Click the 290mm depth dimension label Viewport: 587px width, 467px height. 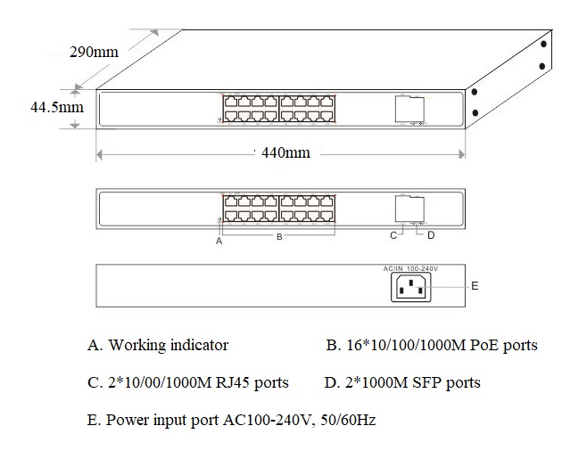(94, 52)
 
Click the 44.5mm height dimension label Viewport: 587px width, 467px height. (57, 107)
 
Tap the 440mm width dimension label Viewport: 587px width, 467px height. (285, 152)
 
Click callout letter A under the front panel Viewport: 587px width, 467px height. (219, 242)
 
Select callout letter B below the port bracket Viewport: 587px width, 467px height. (279, 237)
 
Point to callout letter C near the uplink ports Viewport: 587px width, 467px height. (393, 235)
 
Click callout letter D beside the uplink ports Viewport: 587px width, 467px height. (431, 235)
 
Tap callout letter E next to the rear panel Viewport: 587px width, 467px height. (475, 286)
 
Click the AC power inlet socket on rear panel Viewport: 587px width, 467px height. (411, 287)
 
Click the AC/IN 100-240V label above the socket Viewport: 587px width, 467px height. (410, 268)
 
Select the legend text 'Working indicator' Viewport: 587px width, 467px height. (168, 345)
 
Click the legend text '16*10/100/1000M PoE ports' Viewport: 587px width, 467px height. (442, 345)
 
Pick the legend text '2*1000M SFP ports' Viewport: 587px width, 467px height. (412, 382)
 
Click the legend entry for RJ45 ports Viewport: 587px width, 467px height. (188, 382)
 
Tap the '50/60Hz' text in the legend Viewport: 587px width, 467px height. (348, 420)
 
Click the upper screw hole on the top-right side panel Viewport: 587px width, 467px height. (543, 44)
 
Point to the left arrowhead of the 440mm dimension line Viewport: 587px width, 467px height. (100, 154)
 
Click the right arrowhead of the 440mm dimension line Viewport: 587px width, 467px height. (461, 154)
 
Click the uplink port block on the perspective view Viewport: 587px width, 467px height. (409, 110)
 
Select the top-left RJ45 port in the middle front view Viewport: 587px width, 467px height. (230, 201)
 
